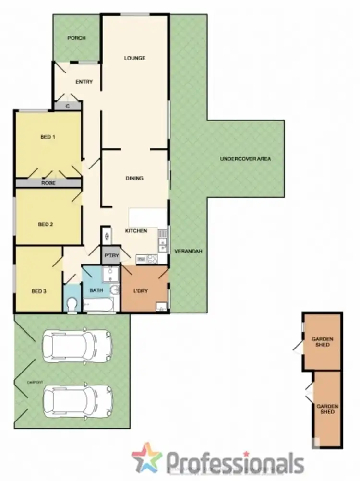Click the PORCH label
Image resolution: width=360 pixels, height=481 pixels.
77,38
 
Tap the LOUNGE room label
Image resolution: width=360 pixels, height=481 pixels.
134,58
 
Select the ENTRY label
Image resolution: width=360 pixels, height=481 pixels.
84,82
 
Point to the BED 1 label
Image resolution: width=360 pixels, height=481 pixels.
48,137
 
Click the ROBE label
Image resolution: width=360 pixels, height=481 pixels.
47,183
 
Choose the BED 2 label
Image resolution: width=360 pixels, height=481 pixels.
45,224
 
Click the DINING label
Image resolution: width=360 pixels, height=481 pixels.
134,178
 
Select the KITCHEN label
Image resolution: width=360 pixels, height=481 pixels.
136,231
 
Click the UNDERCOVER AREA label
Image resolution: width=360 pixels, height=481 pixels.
246,159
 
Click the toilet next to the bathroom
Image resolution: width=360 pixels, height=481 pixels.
72,303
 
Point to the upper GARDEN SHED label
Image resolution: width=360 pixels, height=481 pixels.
322,341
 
